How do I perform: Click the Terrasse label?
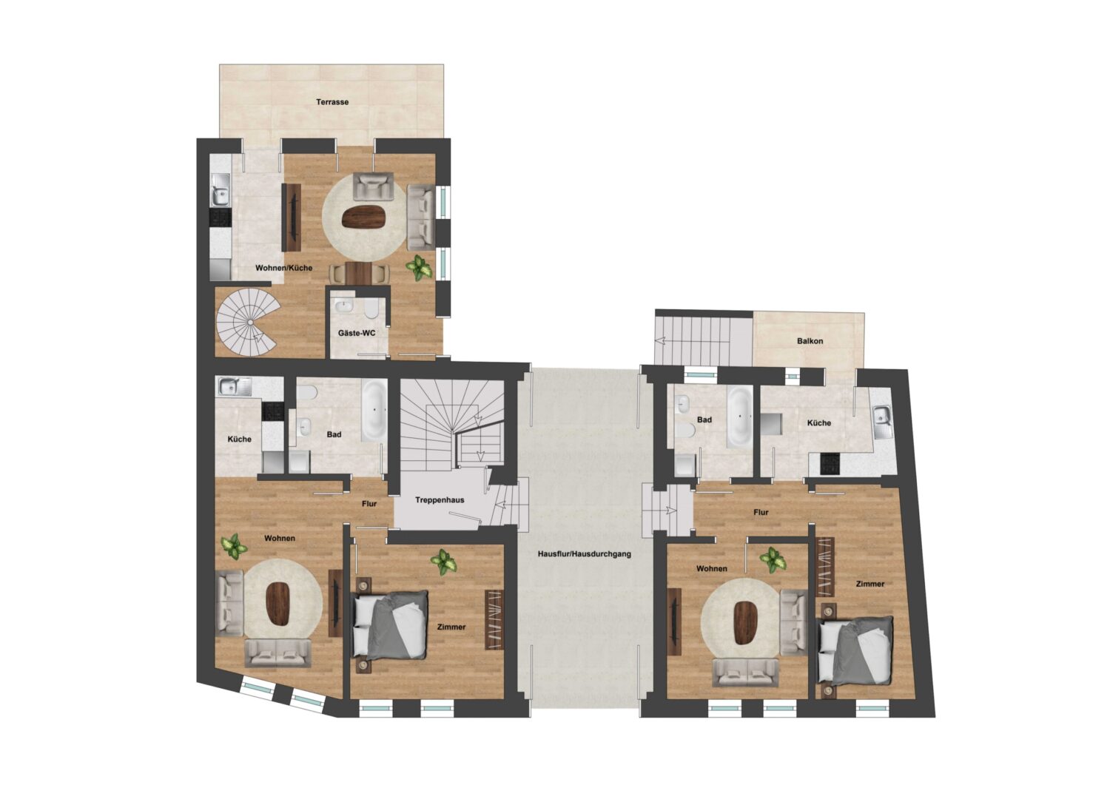click(x=332, y=102)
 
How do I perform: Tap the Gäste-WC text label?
click(x=357, y=333)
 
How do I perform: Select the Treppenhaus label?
click(x=440, y=500)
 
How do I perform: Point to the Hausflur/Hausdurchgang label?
click(x=585, y=553)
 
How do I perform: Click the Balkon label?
click(x=810, y=341)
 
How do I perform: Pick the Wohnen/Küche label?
click(x=283, y=268)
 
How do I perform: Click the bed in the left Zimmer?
click(x=391, y=626)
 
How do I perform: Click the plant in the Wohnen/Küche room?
click(x=420, y=267)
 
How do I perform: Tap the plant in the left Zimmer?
click(x=444, y=561)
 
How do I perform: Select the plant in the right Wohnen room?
click(x=773, y=559)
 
